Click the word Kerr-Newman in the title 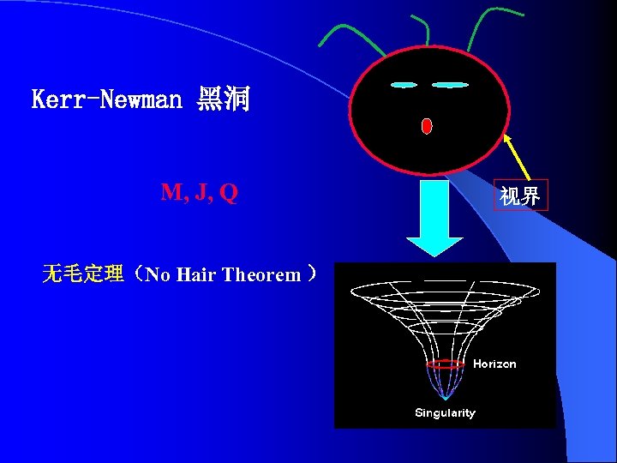pyautogui.click(x=106, y=100)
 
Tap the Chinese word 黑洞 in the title pyautogui.click(x=223, y=100)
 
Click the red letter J pyautogui.click(x=201, y=193)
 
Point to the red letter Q pyautogui.click(x=228, y=193)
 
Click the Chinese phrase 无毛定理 pyautogui.click(x=82, y=274)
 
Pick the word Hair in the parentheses pyautogui.click(x=200, y=274)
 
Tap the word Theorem pyautogui.click(x=261, y=274)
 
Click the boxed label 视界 pyautogui.click(x=520, y=196)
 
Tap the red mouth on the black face pyautogui.click(x=427, y=125)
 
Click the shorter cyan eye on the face pyautogui.click(x=403, y=85)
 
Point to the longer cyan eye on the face pyautogui.click(x=451, y=86)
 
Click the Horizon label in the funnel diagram pyautogui.click(x=494, y=364)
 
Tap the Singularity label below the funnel pyautogui.click(x=445, y=412)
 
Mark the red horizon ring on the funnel pyautogui.click(x=446, y=364)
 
